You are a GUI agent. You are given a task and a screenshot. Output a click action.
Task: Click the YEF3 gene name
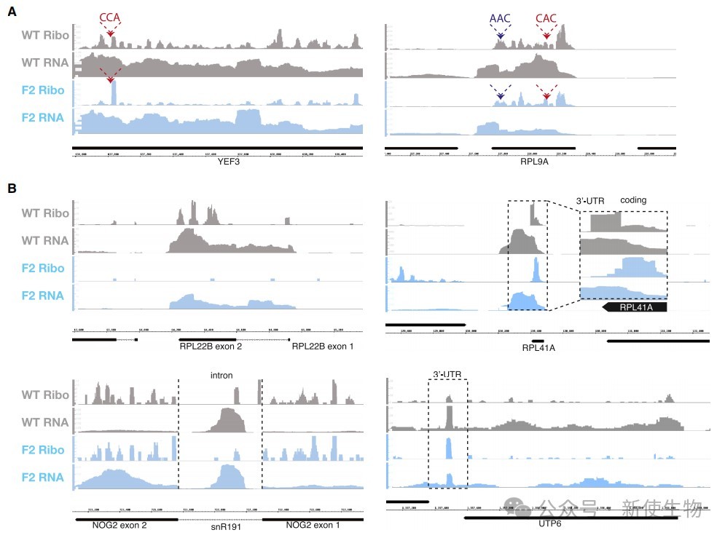pyautogui.click(x=219, y=163)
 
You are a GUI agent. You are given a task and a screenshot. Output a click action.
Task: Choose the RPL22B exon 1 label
pyautogui.click(x=323, y=347)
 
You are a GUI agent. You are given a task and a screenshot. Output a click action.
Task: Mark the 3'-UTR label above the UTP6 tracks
pyautogui.click(x=447, y=374)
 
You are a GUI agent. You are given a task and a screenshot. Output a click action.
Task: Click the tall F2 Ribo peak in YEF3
pyautogui.click(x=114, y=93)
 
